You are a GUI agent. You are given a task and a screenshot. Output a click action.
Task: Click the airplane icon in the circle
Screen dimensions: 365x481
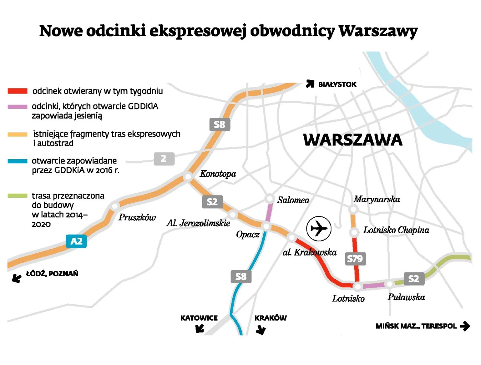[x=319, y=228]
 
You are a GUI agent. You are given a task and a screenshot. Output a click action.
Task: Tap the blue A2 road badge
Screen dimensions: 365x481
[x=76, y=241]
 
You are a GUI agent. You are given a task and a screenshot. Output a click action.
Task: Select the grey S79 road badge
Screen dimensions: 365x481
[x=355, y=259]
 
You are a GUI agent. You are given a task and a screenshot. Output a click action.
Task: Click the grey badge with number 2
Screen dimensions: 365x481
[x=164, y=159]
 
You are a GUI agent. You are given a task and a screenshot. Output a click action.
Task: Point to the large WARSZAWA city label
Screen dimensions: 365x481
[x=353, y=140]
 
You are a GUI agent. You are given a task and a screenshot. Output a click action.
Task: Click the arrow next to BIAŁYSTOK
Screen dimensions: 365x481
[x=310, y=84]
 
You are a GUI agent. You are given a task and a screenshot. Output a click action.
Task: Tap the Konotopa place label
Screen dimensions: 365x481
[x=218, y=174]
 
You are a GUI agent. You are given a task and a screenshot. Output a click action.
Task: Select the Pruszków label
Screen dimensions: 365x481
[x=137, y=217]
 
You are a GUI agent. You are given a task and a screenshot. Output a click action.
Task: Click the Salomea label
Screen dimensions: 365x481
[x=293, y=200]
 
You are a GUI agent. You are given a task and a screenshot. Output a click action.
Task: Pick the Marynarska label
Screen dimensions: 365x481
[x=377, y=200]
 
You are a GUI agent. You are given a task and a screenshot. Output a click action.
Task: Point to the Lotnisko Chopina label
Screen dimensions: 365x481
[x=396, y=230]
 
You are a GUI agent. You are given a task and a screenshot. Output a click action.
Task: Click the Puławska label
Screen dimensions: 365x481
[x=406, y=297]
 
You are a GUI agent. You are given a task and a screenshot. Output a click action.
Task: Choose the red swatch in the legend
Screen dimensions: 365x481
[x=18, y=91]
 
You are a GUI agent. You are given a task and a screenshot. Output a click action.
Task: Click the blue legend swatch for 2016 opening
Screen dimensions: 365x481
[x=18, y=161]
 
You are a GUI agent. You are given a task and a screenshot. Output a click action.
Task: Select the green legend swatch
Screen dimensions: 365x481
[x=18, y=196]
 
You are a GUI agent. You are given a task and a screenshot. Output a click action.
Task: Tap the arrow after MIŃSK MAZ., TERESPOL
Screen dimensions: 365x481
[x=465, y=326]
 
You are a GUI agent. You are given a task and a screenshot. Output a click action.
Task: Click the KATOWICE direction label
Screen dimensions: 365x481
[x=199, y=318]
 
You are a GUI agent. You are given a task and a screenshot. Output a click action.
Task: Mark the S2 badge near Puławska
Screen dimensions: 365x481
[x=414, y=279]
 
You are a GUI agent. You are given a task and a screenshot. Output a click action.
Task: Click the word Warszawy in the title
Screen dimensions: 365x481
[x=378, y=31]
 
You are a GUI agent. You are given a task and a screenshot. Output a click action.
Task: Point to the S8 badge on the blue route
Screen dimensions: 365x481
[x=241, y=276]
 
